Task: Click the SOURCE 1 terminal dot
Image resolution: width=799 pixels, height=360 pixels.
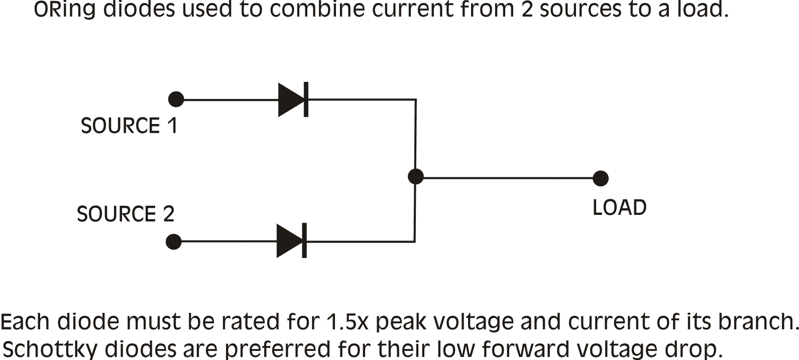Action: click(176, 99)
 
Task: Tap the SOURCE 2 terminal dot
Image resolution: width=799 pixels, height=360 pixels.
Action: click(173, 242)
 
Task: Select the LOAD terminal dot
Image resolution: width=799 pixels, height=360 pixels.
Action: click(601, 178)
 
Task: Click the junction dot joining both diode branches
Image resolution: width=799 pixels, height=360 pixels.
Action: click(415, 177)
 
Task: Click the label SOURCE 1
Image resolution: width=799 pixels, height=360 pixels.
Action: click(129, 126)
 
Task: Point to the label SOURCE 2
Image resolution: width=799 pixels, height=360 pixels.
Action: click(126, 214)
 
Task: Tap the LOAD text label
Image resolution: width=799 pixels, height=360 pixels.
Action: click(619, 207)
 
